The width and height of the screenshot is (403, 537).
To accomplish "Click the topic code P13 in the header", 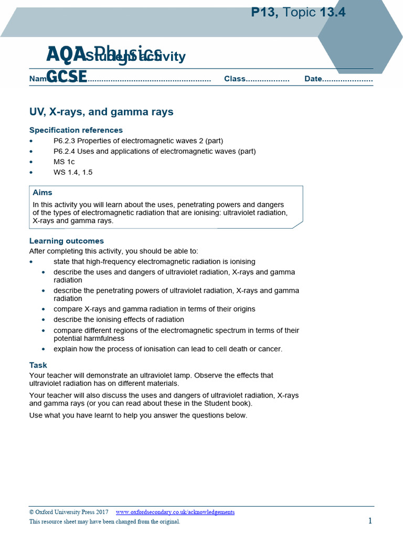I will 264,13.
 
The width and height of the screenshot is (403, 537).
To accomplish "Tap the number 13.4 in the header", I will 330,13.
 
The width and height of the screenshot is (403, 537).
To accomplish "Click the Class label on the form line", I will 235,79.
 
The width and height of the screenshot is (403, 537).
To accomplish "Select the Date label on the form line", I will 313,79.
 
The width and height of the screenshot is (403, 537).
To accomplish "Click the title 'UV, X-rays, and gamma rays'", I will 101,112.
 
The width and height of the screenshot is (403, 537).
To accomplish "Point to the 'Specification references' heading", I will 76,130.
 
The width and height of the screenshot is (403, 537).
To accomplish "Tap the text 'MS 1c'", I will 64,162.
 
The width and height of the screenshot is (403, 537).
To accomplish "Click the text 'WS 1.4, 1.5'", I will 73,173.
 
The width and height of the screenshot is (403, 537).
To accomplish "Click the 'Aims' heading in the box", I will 43,192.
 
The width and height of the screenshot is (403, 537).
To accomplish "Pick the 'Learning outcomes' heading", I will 67,241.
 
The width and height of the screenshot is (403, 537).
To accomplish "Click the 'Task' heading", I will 38,365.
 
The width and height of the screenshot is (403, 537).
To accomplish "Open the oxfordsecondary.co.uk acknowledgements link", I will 175,512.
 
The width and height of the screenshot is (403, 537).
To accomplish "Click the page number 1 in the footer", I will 370,521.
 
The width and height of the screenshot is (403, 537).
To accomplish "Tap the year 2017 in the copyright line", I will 102,512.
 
